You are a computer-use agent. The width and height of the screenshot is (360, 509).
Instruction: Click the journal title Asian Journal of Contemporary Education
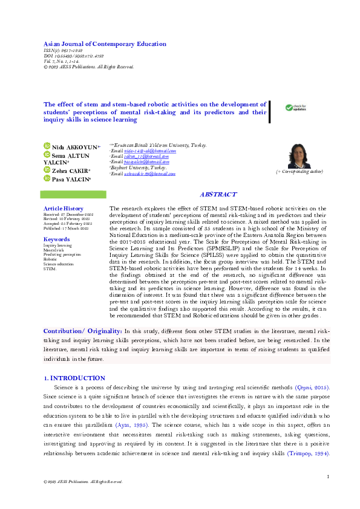tap(105, 44)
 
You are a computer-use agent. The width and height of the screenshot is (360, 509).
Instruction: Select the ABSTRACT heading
tap(218, 195)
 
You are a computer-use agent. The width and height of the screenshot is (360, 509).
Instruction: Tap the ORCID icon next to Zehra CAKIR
tap(47, 170)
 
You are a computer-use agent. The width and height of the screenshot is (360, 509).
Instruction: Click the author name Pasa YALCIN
tap(71, 180)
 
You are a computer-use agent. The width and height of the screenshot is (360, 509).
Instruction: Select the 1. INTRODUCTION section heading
tap(74, 378)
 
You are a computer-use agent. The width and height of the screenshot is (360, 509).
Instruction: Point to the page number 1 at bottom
tap(327, 478)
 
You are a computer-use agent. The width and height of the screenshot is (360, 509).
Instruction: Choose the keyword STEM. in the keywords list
tap(50, 268)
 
